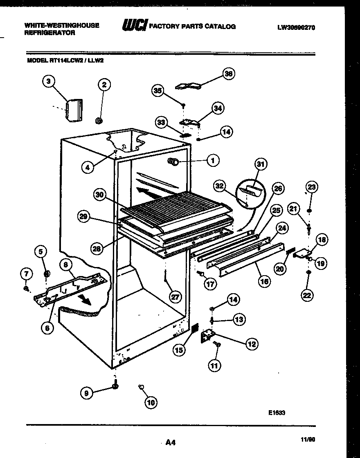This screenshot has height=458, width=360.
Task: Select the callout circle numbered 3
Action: tap(49, 81)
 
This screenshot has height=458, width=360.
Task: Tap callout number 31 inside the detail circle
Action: tap(261, 164)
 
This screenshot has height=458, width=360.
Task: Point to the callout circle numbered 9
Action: tap(86, 393)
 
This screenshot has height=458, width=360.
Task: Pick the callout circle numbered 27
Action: tap(175, 297)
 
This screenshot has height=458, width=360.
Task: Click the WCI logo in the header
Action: tap(134, 26)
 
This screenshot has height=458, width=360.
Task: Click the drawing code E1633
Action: tap(277, 413)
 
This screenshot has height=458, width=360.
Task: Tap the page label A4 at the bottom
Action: tap(171, 442)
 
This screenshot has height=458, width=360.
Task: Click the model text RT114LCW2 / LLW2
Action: tap(67, 59)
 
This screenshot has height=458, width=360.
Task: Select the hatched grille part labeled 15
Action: tap(195, 328)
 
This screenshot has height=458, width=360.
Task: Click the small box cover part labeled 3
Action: tap(74, 110)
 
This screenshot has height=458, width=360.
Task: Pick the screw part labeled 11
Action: tap(217, 346)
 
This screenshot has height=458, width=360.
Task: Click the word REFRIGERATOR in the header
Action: tap(50, 33)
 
